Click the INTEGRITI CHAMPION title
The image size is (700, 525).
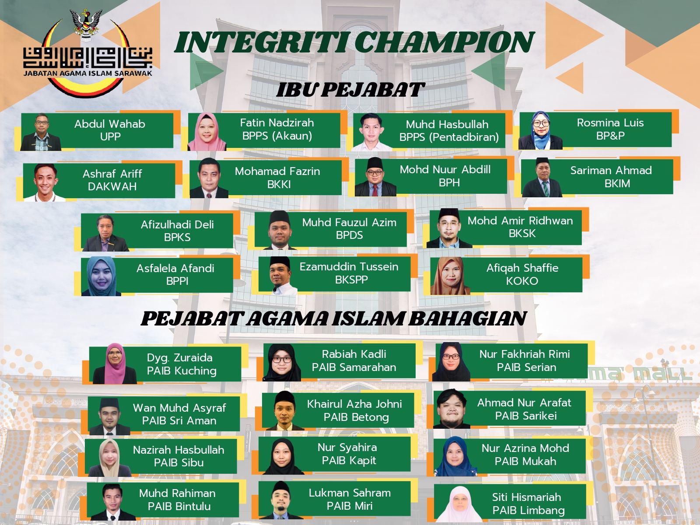pos(354,42)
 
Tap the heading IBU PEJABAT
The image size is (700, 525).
pos(350,90)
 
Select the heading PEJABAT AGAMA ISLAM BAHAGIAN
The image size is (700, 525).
pos(333,318)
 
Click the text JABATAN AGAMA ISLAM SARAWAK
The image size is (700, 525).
pos(87,73)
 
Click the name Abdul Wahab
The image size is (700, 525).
pos(110,124)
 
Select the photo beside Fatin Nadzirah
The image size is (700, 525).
pos(207,131)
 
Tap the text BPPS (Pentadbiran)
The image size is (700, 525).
pos(449,137)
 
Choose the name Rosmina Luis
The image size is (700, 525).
pos(610,123)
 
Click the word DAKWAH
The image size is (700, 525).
pos(112,186)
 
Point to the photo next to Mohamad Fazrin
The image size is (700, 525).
pos(209,178)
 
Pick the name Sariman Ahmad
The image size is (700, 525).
pos(611,170)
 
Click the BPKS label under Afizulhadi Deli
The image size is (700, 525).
pos(177,237)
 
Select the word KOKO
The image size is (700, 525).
pos(522,281)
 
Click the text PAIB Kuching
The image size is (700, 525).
pos(182,371)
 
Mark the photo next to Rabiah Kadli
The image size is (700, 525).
pos(282,362)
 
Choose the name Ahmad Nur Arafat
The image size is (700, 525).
pos(524,402)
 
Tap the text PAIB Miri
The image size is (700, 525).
pos(350,506)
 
